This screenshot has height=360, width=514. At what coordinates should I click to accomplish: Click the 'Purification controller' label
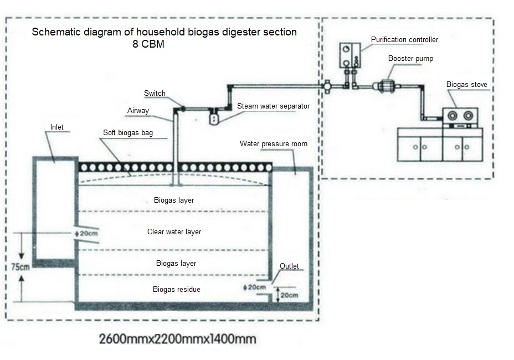(404, 40)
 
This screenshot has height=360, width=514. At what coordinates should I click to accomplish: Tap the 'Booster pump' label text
(410, 58)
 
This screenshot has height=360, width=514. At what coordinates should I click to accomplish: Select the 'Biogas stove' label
(467, 85)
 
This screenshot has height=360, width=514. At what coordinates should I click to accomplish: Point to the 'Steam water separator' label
(273, 106)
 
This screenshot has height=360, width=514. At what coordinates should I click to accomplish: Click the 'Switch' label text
(155, 94)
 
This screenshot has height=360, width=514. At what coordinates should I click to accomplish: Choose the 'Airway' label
(138, 111)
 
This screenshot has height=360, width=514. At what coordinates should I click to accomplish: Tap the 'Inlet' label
(56, 127)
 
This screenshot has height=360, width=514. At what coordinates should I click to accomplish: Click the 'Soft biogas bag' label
(128, 133)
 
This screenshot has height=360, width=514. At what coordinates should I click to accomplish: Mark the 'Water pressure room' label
(273, 144)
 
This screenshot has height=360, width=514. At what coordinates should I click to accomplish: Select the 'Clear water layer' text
(174, 232)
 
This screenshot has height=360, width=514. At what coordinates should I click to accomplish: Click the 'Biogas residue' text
(176, 290)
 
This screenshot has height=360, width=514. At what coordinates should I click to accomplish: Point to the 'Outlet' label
(289, 266)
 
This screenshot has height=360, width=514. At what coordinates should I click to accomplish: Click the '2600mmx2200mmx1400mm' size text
(177, 338)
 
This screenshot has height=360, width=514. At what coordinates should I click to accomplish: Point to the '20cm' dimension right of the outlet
(289, 295)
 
